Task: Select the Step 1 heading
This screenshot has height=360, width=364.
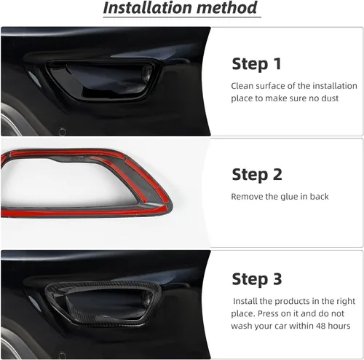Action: pos(256,63)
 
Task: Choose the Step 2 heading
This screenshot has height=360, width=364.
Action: pos(256,174)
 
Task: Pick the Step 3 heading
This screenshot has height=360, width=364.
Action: pos(256,279)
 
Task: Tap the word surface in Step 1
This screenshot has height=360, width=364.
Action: pos(276,85)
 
